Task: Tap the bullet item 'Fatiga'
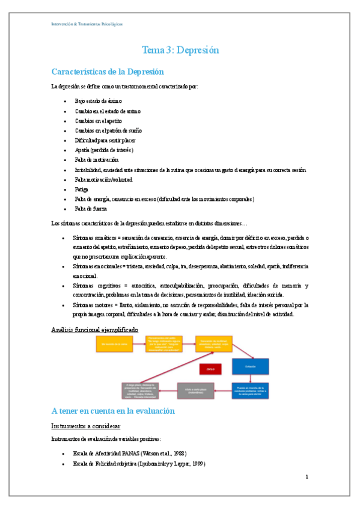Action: [81, 189]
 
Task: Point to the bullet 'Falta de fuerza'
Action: [91, 209]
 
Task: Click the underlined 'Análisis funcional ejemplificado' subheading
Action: [94, 330]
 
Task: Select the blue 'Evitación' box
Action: [250, 366]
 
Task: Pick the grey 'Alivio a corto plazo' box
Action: [195, 390]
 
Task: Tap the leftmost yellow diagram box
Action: [115, 343]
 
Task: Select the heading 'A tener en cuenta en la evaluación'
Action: [113, 411]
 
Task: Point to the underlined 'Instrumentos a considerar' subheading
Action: [90, 426]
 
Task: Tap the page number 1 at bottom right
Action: [307, 477]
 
